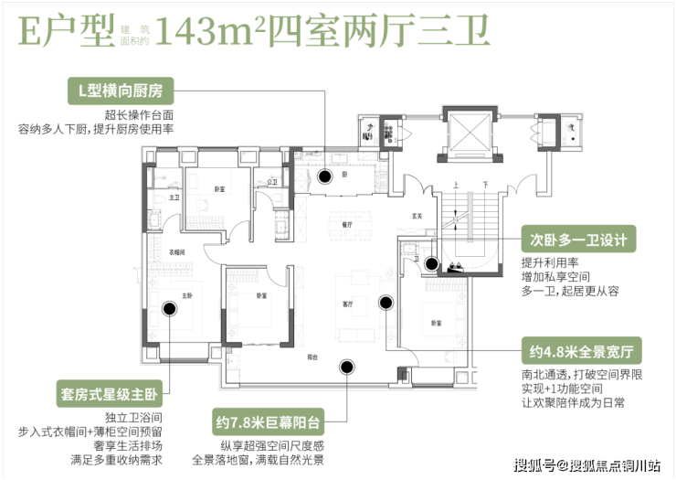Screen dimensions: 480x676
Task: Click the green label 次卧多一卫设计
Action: [x=578, y=240]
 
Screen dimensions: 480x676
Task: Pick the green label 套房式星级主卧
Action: [x=110, y=396]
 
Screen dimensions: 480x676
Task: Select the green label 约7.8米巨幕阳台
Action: [x=269, y=423]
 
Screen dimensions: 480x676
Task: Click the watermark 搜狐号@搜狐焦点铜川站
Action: [x=585, y=464]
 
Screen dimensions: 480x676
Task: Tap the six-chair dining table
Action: [x=350, y=222]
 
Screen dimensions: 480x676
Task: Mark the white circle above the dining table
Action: [x=325, y=177]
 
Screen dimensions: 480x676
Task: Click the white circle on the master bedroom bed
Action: [x=169, y=308]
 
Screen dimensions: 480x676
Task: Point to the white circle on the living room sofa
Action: [x=386, y=303]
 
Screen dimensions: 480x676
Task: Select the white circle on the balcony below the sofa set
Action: [x=346, y=368]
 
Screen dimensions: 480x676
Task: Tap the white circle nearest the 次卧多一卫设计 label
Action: [x=431, y=264]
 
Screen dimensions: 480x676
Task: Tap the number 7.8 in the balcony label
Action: [x=245, y=423]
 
